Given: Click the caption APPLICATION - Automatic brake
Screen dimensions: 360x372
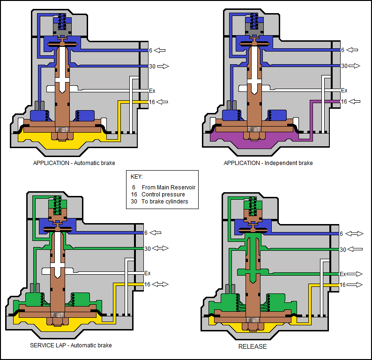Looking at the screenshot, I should pos(74,163).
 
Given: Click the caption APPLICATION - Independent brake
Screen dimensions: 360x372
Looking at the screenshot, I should pos(268,163).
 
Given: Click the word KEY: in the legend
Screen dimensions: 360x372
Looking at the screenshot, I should pos(137,177).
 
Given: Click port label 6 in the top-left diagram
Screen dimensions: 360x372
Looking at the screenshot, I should pos(151,50).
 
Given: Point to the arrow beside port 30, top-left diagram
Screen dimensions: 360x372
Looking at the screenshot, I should pos(163,67).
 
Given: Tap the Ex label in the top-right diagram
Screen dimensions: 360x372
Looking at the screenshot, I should pos(344,90).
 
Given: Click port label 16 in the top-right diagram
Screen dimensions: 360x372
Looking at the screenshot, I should pos(344,102).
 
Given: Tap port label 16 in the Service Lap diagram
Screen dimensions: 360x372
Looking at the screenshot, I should pos(147,285).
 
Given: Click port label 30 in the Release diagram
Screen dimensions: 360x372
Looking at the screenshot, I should pos(343,250).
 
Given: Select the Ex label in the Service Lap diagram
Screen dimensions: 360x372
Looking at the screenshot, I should pos(147,273).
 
